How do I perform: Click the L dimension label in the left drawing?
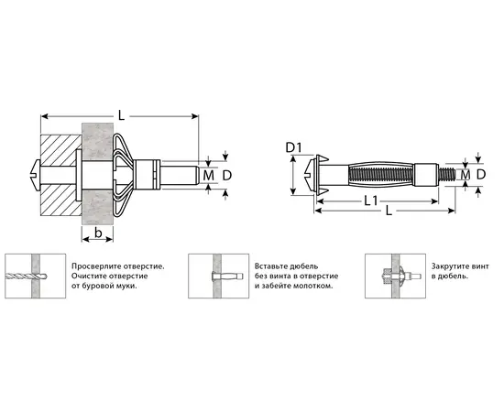pos(121,115)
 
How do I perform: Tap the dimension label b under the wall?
pos(98,233)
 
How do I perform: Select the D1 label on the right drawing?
pos(294,147)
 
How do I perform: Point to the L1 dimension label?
pos(370,201)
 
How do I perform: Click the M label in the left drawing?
pos(208,176)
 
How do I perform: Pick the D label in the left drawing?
pos(227,176)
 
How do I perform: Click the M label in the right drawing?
pos(466,175)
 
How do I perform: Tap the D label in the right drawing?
pos(481,175)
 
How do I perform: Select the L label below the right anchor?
pos(389,211)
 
